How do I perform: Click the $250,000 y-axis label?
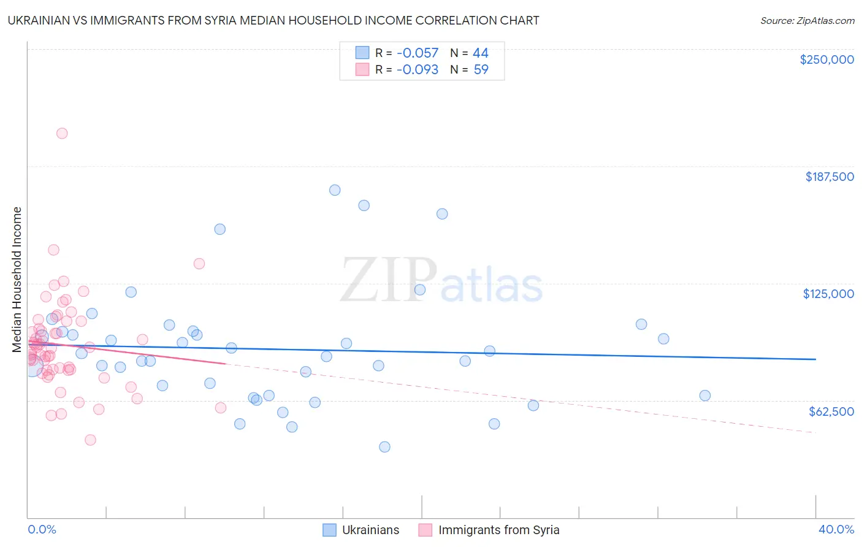click(826, 59)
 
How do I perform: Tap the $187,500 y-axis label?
click(829, 177)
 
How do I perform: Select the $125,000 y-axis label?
click(828, 294)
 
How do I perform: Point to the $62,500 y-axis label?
click(831, 411)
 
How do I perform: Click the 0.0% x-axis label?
click(42, 529)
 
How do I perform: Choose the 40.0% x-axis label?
click(836, 529)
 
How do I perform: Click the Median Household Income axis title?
click(17, 280)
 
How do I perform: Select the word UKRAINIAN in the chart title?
click(43, 20)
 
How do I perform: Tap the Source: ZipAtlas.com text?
click(807, 21)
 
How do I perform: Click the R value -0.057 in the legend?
click(418, 53)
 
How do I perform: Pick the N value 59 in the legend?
click(481, 70)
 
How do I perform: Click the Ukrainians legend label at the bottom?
click(370, 530)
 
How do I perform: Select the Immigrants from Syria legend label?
click(498, 530)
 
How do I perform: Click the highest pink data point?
click(62, 133)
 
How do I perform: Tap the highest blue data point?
click(335, 190)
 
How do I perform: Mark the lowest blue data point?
click(384, 446)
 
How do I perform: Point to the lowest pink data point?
click(90, 440)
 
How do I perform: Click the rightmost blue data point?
click(705, 396)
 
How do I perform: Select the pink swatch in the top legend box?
click(362, 70)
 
